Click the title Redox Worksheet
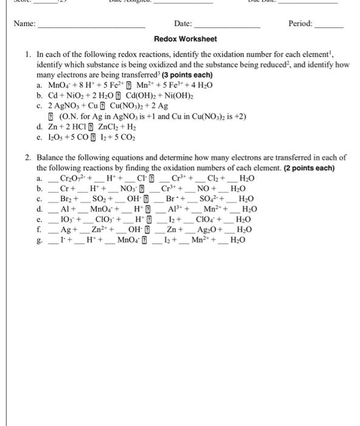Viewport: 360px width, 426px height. [x=185, y=39]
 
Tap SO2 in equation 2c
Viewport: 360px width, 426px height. [x=98, y=198]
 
